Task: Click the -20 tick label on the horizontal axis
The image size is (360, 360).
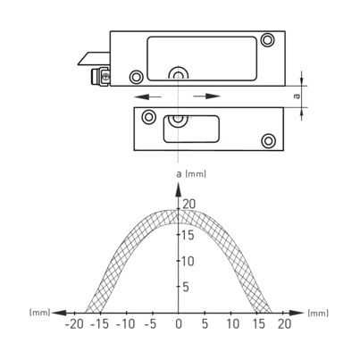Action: click(74, 324)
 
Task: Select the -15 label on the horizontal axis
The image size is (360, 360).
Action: click(100, 324)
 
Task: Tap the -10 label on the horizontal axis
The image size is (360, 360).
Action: click(126, 324)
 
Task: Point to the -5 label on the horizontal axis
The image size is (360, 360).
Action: click(150, 324)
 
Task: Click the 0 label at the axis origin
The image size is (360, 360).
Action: click(179, 324)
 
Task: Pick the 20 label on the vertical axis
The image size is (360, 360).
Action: click(189, 205)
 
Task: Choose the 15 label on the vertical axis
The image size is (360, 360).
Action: click(188, 235)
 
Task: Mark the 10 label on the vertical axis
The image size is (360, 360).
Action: click(188, 261)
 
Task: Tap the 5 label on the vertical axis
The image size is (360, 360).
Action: click(186, 287)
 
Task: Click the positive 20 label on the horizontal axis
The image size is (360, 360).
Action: click(284, 324)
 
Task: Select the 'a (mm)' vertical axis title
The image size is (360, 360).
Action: click(191, 173)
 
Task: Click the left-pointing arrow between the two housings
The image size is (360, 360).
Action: click(147, 96)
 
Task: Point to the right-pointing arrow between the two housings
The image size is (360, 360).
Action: click(207, 96)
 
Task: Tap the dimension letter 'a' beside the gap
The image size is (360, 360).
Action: click(297, 96)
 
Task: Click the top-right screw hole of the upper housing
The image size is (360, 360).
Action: click(267, 39)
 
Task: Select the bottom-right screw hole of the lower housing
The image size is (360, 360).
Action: click(268, 140)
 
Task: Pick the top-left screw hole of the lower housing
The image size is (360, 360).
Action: click(148, 117)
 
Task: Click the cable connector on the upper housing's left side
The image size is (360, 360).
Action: click(100, 77)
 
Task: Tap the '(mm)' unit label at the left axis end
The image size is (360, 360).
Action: click(39, 313)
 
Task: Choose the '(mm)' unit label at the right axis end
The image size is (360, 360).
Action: click(318, 313)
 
